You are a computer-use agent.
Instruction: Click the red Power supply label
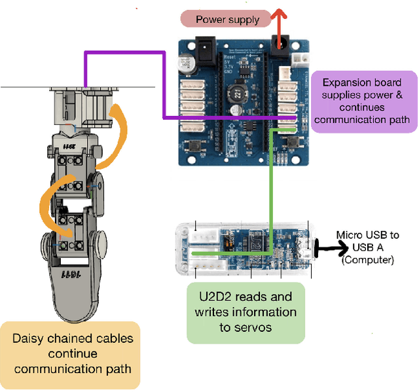(x=227, y=20)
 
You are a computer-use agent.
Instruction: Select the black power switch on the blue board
(x=196, y=49)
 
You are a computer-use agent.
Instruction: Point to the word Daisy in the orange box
(x=29, y=338)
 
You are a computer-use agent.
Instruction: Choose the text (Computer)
(x=367, y=259)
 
